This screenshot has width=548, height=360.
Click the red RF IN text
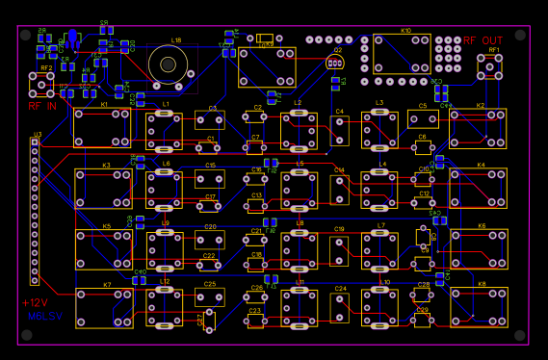pos(41,106)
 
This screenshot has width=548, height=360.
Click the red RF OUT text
pos(483,40)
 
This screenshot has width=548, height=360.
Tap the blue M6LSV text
pos(42,315)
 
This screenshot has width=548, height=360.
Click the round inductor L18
pos(169,64)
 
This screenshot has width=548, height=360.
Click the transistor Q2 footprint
pos(334,63)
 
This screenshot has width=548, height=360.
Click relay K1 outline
pos(103,127)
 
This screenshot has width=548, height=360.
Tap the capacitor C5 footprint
pos(422,119)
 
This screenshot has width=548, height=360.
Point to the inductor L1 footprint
pos(165,128)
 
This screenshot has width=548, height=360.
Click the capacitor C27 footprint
pos(209,320)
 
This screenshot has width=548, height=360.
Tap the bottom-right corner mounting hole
pos(520,335)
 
